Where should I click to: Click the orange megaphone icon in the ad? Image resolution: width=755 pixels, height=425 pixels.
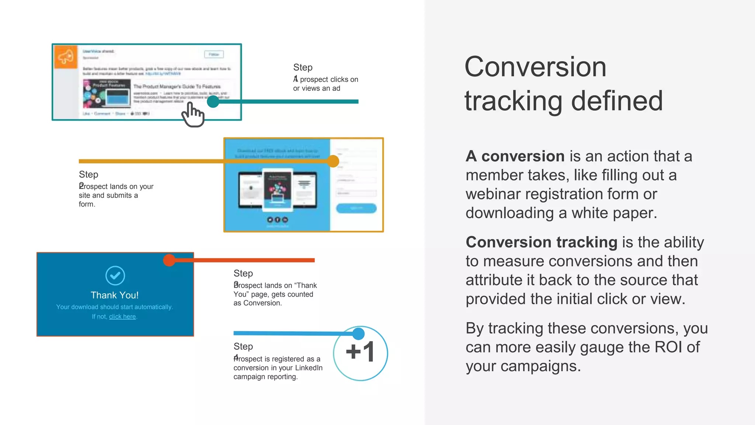coord(66,57)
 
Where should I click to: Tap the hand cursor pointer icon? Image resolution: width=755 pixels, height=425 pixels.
coord(193,115)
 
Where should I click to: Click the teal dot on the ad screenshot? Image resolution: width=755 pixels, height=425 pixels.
coord(213,101)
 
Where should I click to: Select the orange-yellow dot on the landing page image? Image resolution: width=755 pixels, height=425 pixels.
coord(333,161)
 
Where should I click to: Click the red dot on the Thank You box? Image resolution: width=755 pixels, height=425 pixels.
coord(169,260)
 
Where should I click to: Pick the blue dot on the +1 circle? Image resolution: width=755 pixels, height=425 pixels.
coord(358,334)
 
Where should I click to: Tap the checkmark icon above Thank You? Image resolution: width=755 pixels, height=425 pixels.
coord(115,276)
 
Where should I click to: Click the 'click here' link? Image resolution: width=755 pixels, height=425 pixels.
coord(122,317)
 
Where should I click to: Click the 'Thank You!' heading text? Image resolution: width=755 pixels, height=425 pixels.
coord(115,295)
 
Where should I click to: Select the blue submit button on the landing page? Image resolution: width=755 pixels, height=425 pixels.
coord(356,208)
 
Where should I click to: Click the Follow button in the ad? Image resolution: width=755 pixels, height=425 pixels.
coord(214,54)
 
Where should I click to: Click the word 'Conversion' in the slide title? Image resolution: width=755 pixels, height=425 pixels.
coord(535,67)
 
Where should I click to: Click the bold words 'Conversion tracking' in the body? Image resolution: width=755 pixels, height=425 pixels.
coord(541,242)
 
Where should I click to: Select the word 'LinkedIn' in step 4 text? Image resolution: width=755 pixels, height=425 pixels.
coord(309,368)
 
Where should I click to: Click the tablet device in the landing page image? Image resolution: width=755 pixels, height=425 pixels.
coord(278,190)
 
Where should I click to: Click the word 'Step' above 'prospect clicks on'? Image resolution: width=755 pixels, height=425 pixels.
coord(303,68)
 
